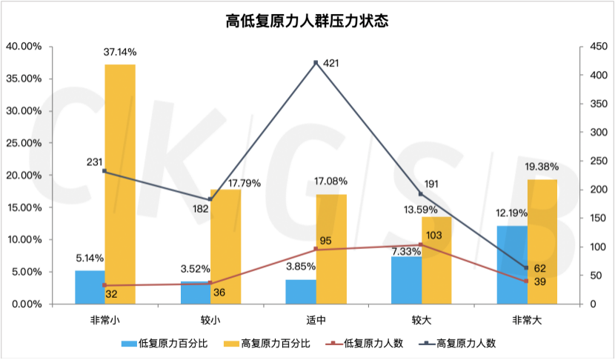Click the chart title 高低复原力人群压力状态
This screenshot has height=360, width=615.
click(x=307, y=20)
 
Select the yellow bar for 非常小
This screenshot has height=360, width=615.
click(x=120, y=184)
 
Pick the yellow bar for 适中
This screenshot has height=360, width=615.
click(x=331, y=249)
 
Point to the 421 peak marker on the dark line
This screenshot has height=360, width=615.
click(x=316, y=63)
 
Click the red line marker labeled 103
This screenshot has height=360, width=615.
click(x=421, y=244)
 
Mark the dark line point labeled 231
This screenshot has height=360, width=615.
click(x=104, y=171)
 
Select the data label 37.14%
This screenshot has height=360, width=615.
click(x=120, y=53)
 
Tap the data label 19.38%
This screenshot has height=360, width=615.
click(x=542, y=167)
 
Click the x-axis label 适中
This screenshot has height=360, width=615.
click(x=316, y=320)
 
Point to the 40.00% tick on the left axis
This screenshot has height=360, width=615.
click(x=24, y=47)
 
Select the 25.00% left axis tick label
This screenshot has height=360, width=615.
click(x=24, y=143)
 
